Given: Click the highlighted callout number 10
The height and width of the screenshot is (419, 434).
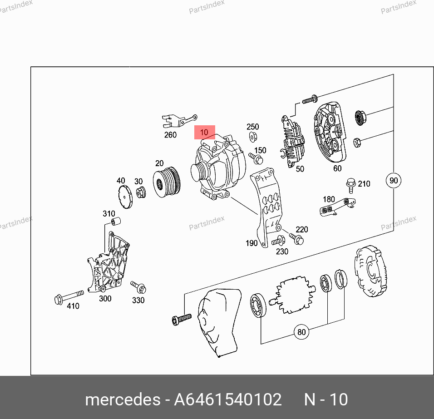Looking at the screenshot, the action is coord(205,132).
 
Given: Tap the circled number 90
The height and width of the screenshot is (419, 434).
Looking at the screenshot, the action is coord(393,180).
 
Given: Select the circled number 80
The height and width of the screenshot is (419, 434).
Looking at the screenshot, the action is coord(301,331).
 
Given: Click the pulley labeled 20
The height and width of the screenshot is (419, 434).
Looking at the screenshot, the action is coord(167,182).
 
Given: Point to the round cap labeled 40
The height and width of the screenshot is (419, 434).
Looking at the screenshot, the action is coord(125,197).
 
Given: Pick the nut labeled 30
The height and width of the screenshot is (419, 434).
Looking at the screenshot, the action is coord(141,192).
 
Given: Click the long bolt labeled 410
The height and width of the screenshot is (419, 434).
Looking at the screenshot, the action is coord(69,297).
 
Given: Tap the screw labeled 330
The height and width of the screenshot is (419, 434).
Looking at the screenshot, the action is coord(138,287).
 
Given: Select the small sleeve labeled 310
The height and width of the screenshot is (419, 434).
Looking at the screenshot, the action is coord(116,222).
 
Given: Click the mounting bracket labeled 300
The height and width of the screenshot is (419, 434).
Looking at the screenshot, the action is coord(108,263).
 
